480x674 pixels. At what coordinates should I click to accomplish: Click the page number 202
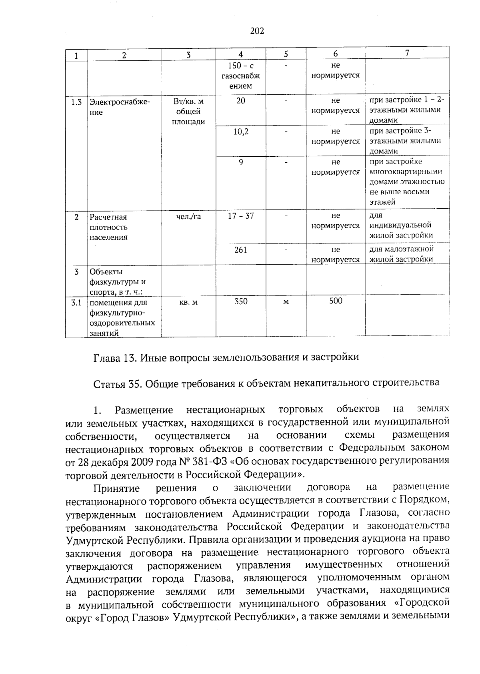click(257, 31)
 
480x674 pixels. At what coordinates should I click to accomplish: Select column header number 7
click(407, 53)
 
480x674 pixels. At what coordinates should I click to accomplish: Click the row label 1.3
click(76, 102)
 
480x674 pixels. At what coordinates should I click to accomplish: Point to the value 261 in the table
click(240, 250)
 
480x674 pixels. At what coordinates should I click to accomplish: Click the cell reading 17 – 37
click(241, 216)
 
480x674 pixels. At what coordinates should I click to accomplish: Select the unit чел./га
click(188, 217)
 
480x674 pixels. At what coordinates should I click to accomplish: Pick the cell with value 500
click(336, 301)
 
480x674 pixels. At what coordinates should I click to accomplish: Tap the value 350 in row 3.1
click(241, 301)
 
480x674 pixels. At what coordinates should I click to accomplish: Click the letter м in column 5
click(286, 302)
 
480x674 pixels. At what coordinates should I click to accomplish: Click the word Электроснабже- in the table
click(120, 102)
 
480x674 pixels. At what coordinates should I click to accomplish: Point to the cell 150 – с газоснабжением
click(241, 76)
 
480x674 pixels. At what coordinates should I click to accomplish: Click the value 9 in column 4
click(241, 162)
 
